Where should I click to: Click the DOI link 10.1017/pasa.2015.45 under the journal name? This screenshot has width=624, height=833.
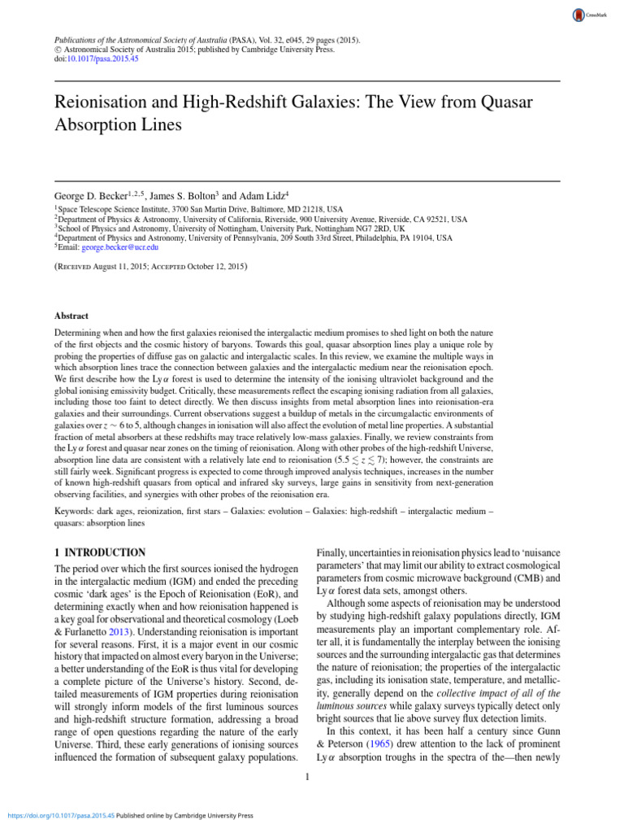104,59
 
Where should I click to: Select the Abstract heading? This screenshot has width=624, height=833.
71,316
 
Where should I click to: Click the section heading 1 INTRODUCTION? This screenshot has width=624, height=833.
99,552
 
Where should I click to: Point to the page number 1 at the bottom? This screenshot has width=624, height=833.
308,778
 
